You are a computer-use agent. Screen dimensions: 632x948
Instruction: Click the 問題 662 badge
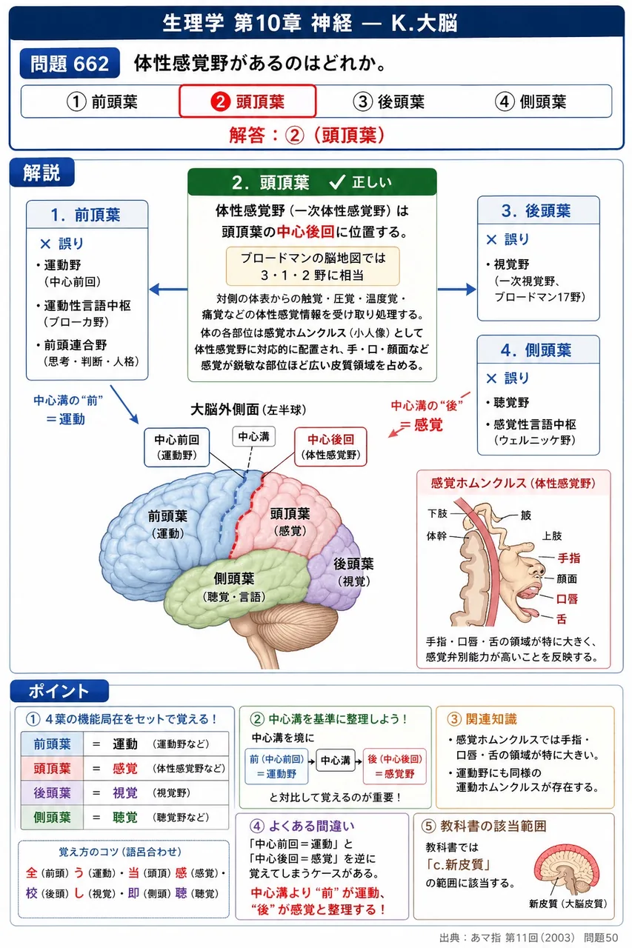[70, 64]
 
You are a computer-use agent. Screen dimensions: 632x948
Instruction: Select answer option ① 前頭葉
[102, 101]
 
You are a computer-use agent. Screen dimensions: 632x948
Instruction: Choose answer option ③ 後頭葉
[388, 101]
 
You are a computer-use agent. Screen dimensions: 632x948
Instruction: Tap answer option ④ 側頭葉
[530, 101]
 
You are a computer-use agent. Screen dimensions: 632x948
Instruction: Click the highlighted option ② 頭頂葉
[247, 101]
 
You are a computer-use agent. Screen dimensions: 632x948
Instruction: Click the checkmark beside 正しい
[337, 182]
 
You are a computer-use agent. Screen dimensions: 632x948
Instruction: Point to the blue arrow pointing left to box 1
[168, 290]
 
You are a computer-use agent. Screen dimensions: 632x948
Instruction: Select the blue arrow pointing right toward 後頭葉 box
[456, 290]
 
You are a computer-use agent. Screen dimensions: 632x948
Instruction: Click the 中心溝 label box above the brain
[253, 436]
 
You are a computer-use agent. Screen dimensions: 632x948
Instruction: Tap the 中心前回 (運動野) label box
[176, 447]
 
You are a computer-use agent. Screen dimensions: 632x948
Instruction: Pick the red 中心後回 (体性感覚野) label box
[330, 447]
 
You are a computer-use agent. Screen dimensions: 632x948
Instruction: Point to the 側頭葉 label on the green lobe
[234, 578]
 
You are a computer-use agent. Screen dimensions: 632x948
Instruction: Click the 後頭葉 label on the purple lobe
[353, 564]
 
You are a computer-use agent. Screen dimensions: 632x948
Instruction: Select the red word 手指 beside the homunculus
[568, 558]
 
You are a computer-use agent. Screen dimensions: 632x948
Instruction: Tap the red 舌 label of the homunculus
[562, 619]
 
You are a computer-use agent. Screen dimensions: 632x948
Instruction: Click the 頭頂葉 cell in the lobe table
[52, 768]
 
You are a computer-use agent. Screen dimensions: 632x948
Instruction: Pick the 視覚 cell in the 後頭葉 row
[125, 792]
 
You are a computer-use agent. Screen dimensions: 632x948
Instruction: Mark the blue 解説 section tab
[42, 173]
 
